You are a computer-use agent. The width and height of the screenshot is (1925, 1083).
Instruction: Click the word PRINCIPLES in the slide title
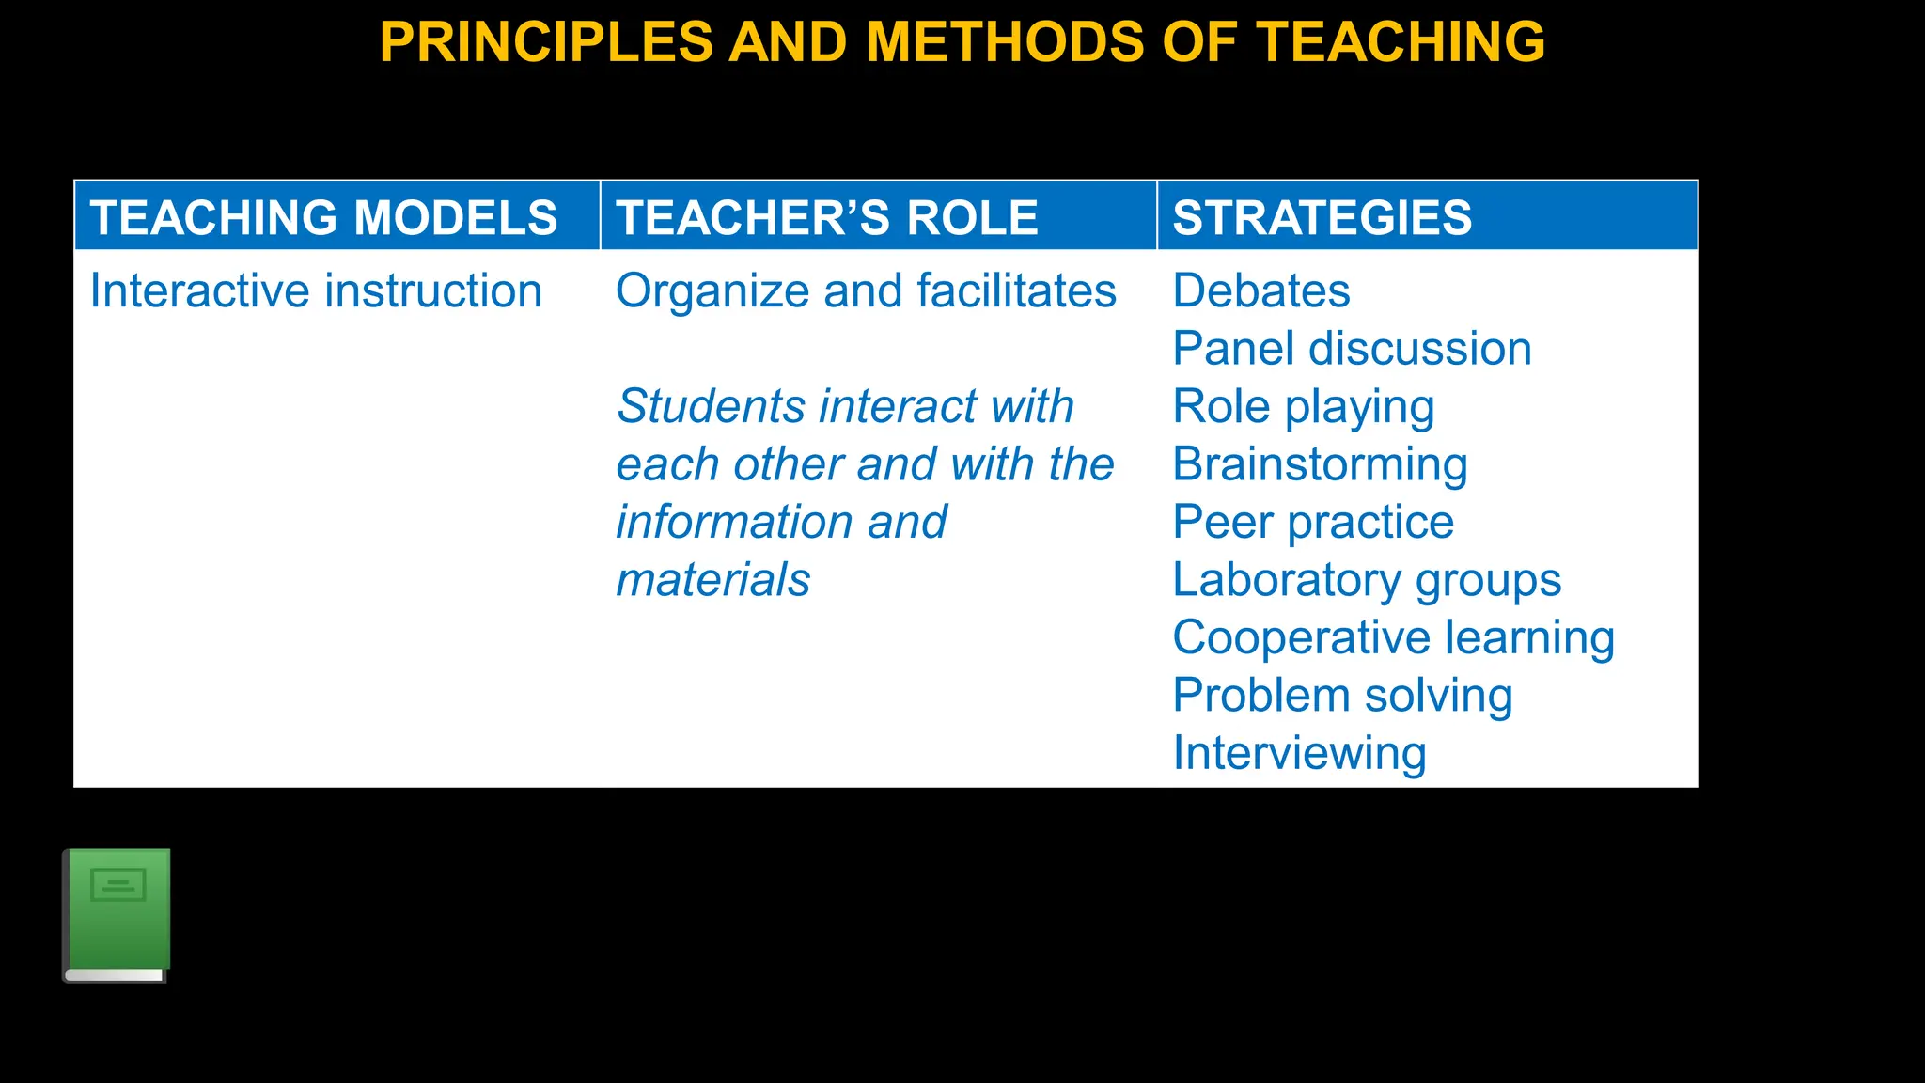click(546, 43)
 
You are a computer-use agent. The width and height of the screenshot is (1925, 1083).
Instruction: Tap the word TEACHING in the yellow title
click(1401, 43)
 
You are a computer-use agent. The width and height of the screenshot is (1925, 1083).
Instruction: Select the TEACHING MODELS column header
click(324, 217)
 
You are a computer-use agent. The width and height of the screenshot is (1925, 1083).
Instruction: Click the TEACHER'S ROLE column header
click(827, 217)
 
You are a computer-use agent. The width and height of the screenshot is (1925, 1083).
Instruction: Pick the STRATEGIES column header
click(1322, 217)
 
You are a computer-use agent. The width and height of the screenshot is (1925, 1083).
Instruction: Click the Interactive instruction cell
click(316, 290)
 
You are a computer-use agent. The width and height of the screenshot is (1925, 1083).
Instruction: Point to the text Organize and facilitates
click(866, 290)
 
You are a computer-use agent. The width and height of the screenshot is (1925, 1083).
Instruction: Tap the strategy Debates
click(1261, 290)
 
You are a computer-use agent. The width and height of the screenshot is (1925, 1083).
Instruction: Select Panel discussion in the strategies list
click(1352, 349)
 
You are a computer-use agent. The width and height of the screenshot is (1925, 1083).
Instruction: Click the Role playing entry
click(1304, 407)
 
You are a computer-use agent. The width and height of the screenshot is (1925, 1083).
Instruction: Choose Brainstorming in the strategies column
click(1320, 464)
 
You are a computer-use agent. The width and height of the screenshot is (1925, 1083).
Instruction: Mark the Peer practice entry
click(1313, 522)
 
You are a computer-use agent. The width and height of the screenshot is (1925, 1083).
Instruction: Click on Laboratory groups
click(1367, 580)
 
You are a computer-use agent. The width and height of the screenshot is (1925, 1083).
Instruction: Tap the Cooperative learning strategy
click(1393, 637)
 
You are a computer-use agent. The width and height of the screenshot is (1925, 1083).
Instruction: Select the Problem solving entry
click(1342, 696)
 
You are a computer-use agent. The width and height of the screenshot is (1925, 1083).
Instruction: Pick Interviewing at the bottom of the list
click(1299, 753)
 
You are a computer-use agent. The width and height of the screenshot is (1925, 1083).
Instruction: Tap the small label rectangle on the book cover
click(118, 885)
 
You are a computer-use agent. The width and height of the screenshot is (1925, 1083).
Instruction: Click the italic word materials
click(712, 580)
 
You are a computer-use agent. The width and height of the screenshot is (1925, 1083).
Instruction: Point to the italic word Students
click(711, 407)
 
